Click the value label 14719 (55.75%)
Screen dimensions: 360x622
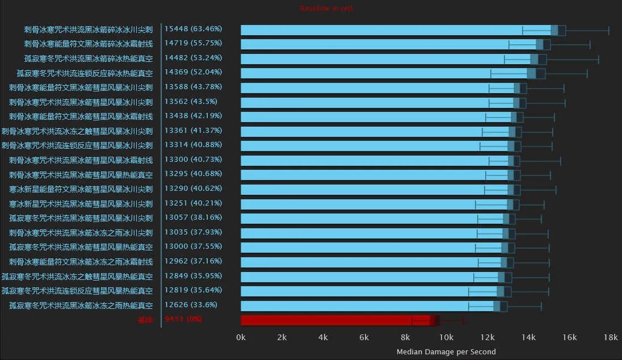pyautogui.click(x=193, y=43)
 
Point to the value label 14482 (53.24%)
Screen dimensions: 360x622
pyautogui.click(x=193, y=58)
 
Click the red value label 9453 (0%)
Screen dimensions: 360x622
pyautogui.click(x=183, y=319)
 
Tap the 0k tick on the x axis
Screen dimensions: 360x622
pyautogui.click(x=241, y=337)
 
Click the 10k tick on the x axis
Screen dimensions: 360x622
pyautogui.click(x=447, y=337)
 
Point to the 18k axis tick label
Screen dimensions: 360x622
pyautogui.click(x=611, y=337)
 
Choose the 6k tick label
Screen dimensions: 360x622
pyautogui.click(x=364, y=337)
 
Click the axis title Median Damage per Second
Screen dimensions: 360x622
pyautogui.click(x=446, y=352)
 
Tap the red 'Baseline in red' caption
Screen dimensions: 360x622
pyautogui.click(x=326, y=9)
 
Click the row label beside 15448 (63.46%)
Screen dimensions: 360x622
pyautogui.click(x=88, y=30)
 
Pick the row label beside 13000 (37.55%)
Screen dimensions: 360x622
pyautogui.click(x=81, y=247)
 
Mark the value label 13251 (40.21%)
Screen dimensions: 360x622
pyautogui.click(x=193, y=203)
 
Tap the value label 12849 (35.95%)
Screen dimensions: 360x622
pyautogui.click(x=193, y=276)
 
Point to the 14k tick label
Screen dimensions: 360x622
pyautogui.click(x=528, y=337)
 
